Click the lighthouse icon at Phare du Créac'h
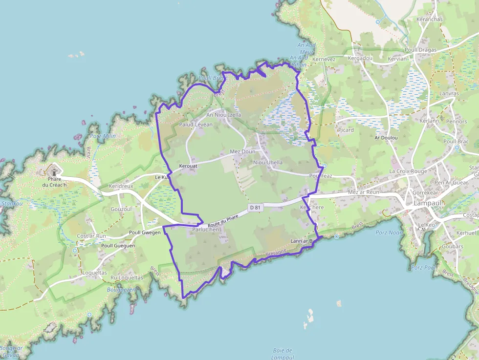pyautogui.click(x=53, y=171)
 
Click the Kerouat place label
pyautogui.click(x=189, y=167)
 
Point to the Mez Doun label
pyautogui.click(x=242, y=152)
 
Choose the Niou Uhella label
pyautogui.click(x=268, y=162)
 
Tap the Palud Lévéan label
pyautogui.click(x=196, y=125)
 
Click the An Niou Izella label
pyautogui.click(x=224, y=115)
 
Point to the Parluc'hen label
pyautogui.click(x=207, y=230)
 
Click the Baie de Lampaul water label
pyautogui.click(x=282, y=354)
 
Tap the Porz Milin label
pyautogui.click(x=103, y=136)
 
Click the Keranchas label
pyautogui.click(x=429, y=20)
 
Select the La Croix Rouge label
pyautogui.click(x=408, y=171)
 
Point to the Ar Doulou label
pyautogui.click(x=386, y=138)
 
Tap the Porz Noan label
pyautogui.click(x=389, y=233)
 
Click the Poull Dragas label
pyautogui.click(x=420, y=49)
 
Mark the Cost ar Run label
pyautogui.click(x=91, y=236)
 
